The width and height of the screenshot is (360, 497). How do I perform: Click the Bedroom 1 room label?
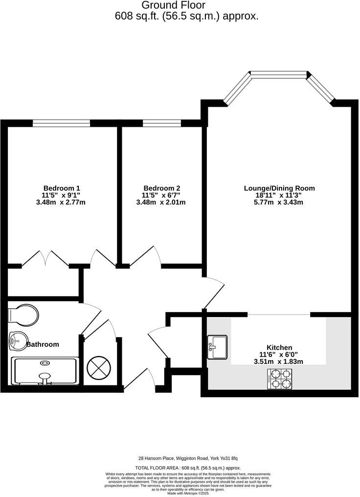coord(62,188)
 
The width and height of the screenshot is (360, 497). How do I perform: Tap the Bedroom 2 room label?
coord(162,188)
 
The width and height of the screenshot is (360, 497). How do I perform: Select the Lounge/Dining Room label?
coord(279,188)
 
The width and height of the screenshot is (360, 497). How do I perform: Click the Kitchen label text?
coord(279,347)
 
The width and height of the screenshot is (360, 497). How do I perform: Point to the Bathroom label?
coord(43,344)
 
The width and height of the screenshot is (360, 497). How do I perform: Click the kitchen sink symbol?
coord(217,347)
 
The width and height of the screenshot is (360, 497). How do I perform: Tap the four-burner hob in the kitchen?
coord(280,379)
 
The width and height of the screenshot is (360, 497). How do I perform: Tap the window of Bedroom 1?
coord(61,123)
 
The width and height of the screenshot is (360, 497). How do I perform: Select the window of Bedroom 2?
coord(161,123)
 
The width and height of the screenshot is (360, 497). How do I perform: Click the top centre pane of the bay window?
coord(279,74)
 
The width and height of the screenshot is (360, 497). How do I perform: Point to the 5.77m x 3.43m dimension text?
coord(279,202)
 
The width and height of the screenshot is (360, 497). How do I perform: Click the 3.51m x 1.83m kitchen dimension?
coord(279,361)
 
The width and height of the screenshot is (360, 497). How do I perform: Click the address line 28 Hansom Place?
coord(187,458)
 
